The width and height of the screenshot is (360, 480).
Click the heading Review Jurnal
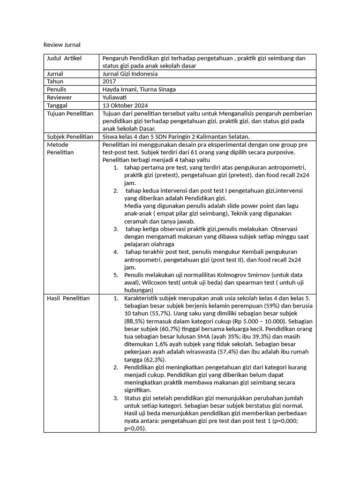62,45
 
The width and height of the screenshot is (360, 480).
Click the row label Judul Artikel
64,58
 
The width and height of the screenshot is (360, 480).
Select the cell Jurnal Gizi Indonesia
130,74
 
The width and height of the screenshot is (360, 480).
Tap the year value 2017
109,82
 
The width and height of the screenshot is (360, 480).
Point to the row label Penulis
57,90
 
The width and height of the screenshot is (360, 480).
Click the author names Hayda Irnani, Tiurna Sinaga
139,90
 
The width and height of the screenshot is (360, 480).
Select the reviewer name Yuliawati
116,97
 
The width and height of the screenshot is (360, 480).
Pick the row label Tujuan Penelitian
70,113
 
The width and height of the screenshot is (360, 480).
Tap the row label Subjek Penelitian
70,137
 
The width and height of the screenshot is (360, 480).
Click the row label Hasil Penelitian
68,298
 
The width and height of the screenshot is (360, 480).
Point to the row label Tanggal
57,105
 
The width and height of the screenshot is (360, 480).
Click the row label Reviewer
59,97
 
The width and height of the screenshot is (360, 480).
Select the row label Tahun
55,82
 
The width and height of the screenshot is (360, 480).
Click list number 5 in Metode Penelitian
115,275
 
